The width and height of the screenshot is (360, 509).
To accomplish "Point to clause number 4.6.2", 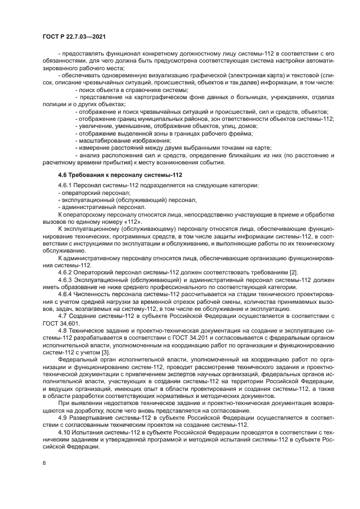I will tap(65, 271).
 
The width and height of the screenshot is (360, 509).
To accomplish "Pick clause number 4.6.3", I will tap(65, 279).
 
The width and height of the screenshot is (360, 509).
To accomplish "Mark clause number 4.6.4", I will tap(65, 293).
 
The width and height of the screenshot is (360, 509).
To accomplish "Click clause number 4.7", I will tap(62, 316).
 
